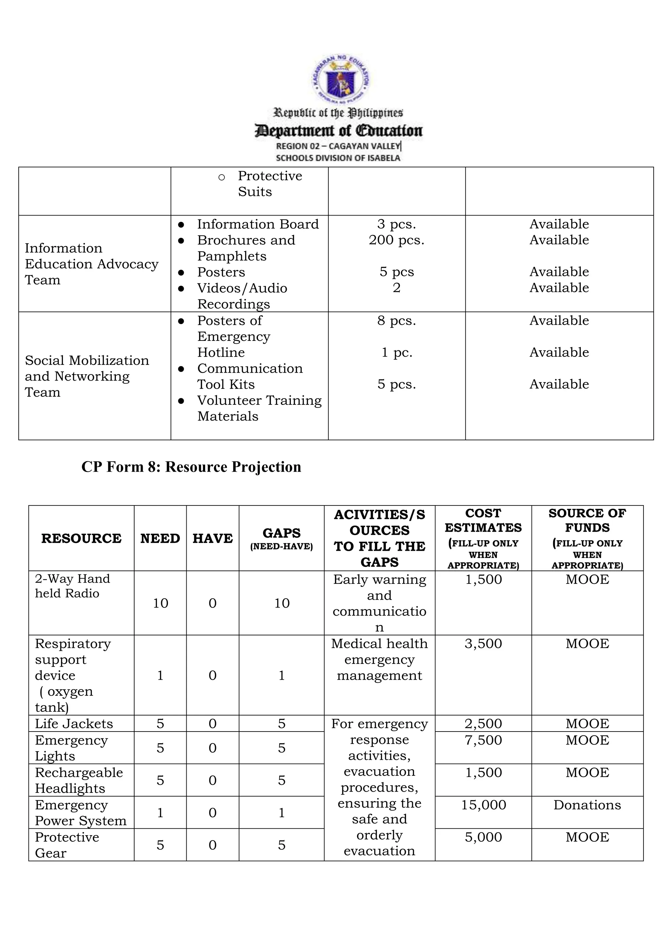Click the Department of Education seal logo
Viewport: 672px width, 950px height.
click(x=341, y=79)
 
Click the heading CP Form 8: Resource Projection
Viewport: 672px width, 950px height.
click(x=191, y=467)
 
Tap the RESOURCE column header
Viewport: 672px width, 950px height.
click(x=81, y=538)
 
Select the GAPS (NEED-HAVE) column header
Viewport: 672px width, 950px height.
click(x=282, y=538)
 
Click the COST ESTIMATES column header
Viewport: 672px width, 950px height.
click(x=483, y=538)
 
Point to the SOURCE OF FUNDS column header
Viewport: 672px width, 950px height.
click(x=587, y=538)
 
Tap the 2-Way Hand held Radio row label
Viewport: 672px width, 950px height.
click(x=73, y=586)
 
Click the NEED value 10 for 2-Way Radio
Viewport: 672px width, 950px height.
click(x=160, y=603)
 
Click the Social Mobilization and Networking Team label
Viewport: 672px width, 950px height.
click(x=87, y=376)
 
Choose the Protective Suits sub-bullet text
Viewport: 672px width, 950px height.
click(x=269, y=184)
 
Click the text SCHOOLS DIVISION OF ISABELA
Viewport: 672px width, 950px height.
click(x=338, y=158)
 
